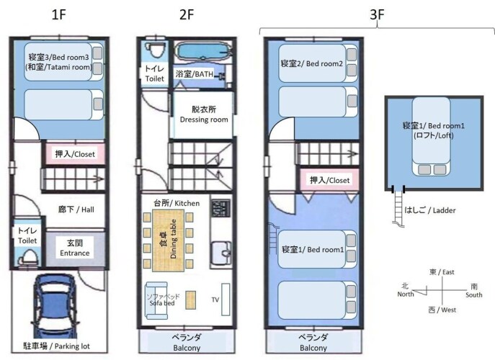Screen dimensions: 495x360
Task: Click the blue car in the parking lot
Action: [x=55, y=305]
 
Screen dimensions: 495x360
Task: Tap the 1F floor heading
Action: [x=58, y=15]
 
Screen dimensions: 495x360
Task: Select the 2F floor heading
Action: [x=187, y=15]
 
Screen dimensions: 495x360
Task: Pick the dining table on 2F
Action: [x=169, y=240]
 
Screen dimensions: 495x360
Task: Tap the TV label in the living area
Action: [x=215, y=300]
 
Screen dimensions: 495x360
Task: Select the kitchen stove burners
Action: [x=220, y=208]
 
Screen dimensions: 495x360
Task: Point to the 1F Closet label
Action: [x=75, y=154]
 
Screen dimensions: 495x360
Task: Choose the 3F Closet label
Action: [x=329, y=180]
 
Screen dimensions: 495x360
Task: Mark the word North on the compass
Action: [x=406, y=294]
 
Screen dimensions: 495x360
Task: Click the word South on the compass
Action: [x=474, y=295]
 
